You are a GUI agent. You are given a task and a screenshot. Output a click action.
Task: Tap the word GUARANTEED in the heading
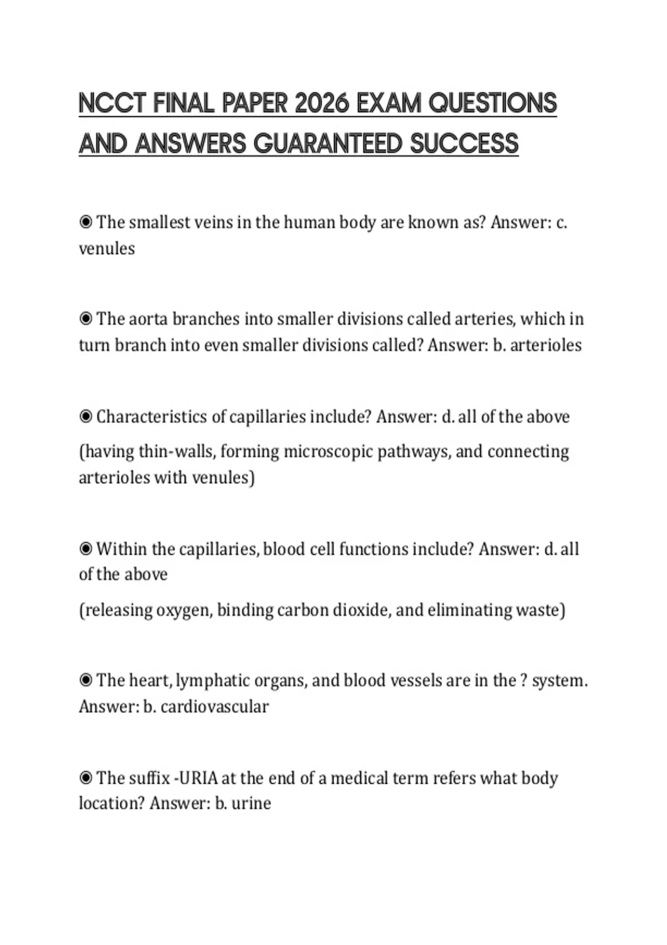click(328, 144)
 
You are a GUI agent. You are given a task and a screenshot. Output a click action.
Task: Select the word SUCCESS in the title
click(464, 144)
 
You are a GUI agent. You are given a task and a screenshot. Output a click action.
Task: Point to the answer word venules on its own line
click(107, 248)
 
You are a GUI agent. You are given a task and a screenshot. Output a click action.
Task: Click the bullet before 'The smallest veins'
click(86, 222)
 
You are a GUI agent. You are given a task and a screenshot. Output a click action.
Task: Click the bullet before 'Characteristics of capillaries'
click(86, 417)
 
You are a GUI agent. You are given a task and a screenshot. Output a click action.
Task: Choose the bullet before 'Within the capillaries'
click(86, 549)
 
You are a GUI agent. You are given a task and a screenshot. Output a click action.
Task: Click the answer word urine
click(251, 803)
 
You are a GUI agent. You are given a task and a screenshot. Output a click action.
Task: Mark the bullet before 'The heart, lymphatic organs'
click(86, 680)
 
